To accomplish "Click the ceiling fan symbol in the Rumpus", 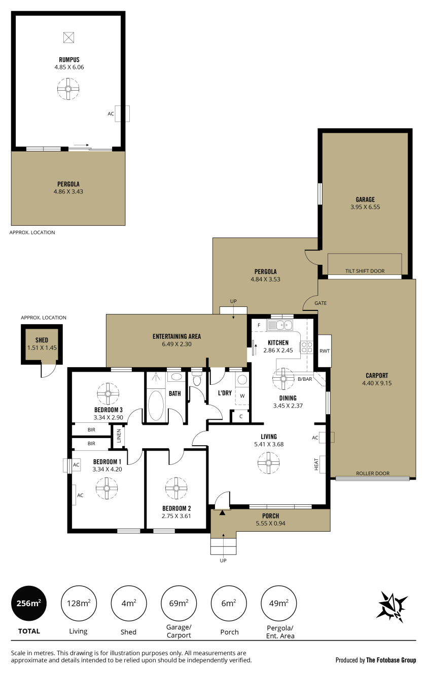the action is (x=68, y=89).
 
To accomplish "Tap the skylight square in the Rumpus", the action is (x=69, y=37).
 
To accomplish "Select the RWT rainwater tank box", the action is (x=325, y=351).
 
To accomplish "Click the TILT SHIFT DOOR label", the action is (x=365, y=271).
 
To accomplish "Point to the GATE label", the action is (x=321, y=303).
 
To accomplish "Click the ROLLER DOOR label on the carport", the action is (x=373, y=473).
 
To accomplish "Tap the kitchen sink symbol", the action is (x=280, y=326).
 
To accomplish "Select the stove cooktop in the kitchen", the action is (x=306, y=347).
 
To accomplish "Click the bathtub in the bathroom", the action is (x=156, y=405).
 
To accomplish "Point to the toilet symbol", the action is (x=197, y=379).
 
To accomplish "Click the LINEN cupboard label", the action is (x=119, y=435).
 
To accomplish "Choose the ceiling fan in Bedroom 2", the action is (x=176, y=488).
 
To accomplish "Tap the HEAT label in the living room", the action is (x=316, y=464).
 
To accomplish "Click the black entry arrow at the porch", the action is (x=222, y=512).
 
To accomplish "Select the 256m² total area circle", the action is (x=29, y=603).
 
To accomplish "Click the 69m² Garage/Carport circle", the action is (x=179, y=603).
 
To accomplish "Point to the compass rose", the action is (x=392, y=607).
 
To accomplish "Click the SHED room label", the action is (x=42, y=340).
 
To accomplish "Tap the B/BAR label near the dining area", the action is (x=305, y=379).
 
